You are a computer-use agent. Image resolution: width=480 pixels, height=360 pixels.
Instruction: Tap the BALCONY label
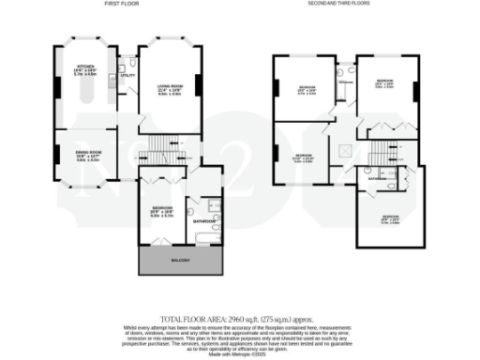(178, 259)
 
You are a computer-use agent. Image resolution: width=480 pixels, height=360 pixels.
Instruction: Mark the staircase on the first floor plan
(155, 150)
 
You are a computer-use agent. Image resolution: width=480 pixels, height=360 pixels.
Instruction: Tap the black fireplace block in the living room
(139, 92)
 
